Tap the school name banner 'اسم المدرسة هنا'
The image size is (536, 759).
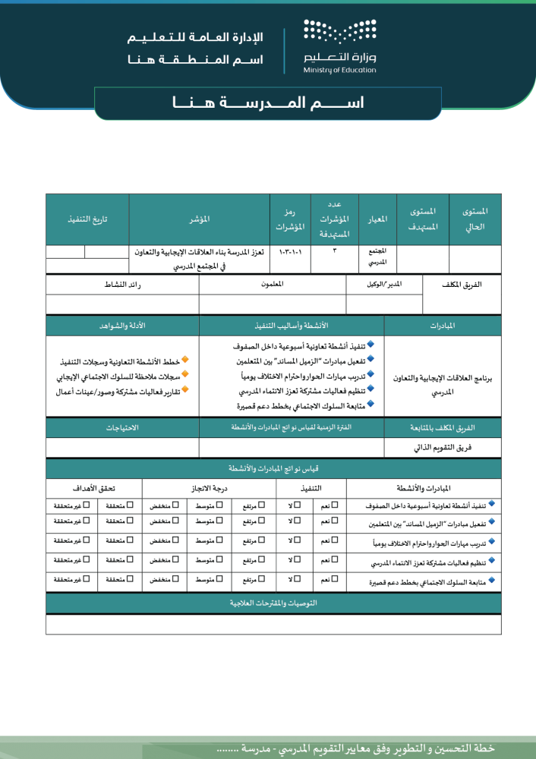pyautogui.click(x=267, y=103)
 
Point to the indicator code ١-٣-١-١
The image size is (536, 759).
pyautogui.click(x=289, y=250)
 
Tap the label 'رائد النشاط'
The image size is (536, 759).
pyautogui.click(x=122, y=284)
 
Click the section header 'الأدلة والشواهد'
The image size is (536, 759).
pyautogui.click(x=122, y=326)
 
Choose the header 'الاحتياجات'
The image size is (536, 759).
pyautogui.click(x=122, y=428)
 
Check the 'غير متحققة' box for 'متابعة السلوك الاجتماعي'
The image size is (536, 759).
pyautogui.click(x=87, y=579)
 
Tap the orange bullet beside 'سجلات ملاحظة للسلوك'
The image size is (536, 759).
pyautogui.click(x=185, y=375)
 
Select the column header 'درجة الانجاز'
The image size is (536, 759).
pyautogui.click(x=209, y=487)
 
